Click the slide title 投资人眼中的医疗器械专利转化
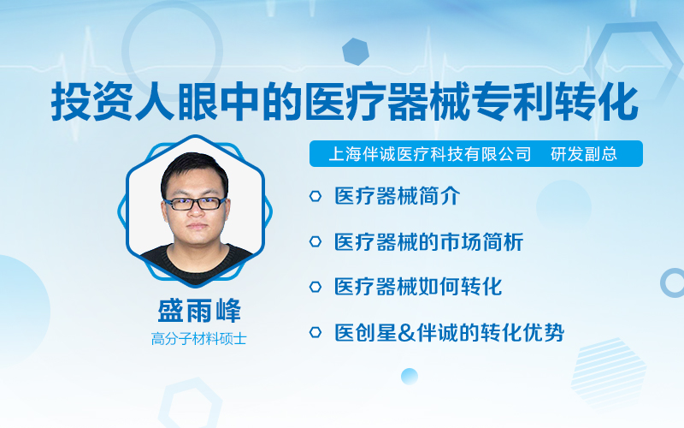(x=345, y=103)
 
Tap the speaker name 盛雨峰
(x=199, y=311)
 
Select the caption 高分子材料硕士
(x=199, y=339)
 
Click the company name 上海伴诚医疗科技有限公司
(x=430, y=154)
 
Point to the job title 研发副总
(x=584, y=154)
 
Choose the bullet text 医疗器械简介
(x=397, y=196)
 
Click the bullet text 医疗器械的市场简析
(x=429, y=241)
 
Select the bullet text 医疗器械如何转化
(x=418, y=287)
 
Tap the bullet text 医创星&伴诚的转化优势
(x=450, y=332)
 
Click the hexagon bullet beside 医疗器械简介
(x=315, y=196)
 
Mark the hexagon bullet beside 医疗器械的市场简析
(x=315, y=241)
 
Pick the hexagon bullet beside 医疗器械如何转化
(x=315, y=287)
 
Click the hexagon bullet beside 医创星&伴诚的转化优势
(x=315, y=332)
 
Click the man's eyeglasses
(x=196, y=204)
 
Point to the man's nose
(x=196, y=211)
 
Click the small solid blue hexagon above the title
(x=356, y=51)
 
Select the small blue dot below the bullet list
(x=410, y=377)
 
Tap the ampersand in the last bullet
(x=407, y=333)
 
